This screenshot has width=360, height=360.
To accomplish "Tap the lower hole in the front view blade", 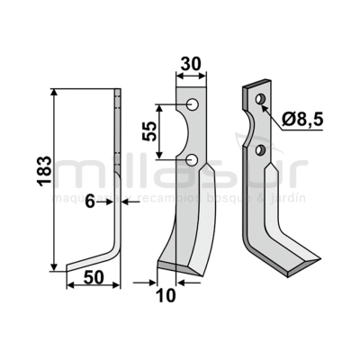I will [192, 160].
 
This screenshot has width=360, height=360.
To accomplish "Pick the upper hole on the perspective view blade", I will [259, 98].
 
